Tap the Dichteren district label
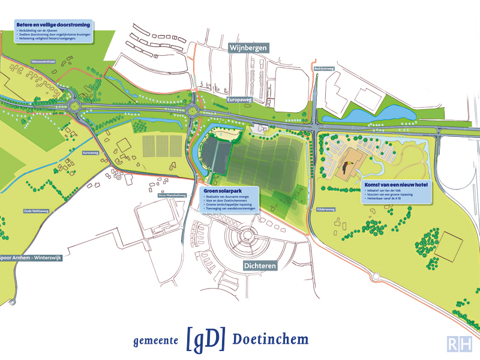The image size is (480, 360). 259,264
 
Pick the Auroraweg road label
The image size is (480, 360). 90,152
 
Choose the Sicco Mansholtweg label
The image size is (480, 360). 170,196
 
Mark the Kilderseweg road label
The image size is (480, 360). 326,209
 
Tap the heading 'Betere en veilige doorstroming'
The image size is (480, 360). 54,25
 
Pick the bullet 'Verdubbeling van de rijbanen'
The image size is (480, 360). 43,31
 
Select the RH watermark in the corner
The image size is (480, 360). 460,344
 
